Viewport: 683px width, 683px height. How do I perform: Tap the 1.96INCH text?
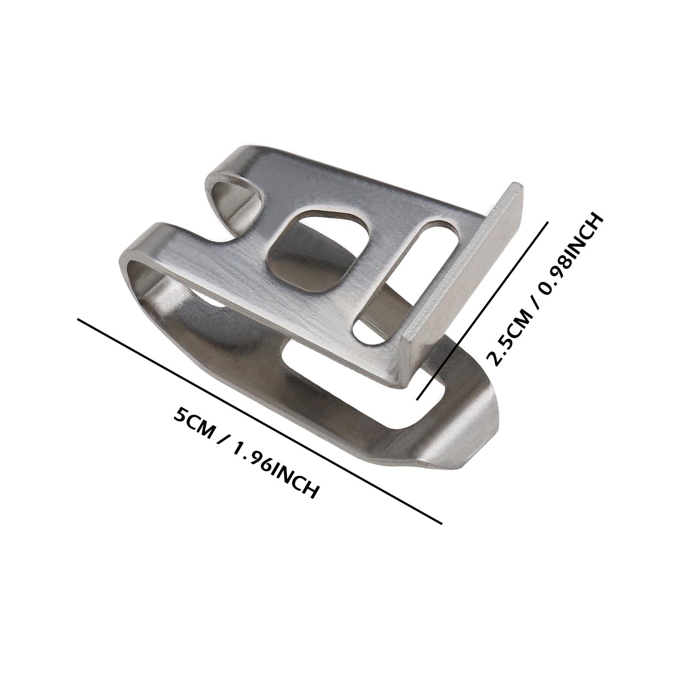point(273,469)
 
